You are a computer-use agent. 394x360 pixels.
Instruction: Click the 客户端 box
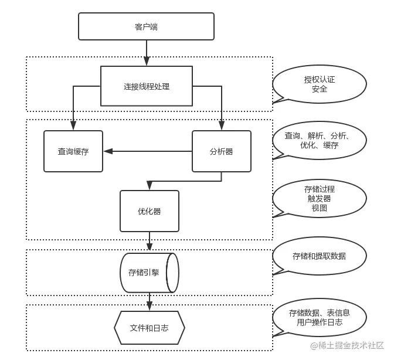[146, 26]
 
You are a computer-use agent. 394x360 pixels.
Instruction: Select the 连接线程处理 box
[147, 86]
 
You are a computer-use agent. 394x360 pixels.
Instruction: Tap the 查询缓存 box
[73, 151]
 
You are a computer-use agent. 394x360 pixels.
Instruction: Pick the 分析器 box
[221, 151]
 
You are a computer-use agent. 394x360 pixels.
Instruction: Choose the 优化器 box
[150, 210]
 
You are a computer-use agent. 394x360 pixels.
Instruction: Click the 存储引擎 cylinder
[150, 273]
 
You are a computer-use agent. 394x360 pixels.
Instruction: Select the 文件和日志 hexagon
[150, 328]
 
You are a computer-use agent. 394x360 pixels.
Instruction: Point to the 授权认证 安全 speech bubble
[320, 84]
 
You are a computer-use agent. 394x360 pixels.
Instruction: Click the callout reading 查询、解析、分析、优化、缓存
[320, 141]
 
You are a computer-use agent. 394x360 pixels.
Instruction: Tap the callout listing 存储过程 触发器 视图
[320, 199]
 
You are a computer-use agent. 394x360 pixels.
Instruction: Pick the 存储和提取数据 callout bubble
[320, 256]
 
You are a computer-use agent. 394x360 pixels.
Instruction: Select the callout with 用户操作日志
[320, 322]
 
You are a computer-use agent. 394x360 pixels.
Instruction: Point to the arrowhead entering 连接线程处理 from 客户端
[147, 62]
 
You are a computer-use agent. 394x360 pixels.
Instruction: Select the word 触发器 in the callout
[320, 199]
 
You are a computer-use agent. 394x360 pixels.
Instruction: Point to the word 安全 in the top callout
[320, 90]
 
